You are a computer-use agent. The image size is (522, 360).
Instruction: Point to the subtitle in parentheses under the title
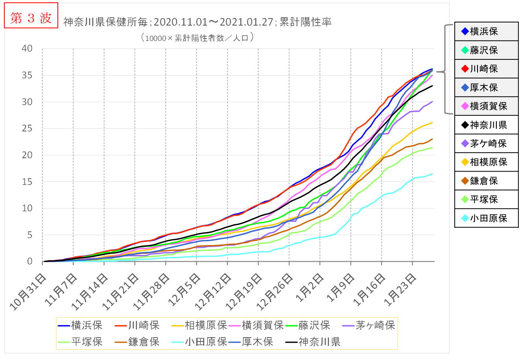(x=197, y=38)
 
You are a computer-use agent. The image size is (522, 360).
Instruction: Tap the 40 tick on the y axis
(x=27, y=49)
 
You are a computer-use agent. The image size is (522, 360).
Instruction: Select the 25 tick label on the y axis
(x=27, y=129)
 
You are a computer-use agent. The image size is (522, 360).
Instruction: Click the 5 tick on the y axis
(x=30, y=235)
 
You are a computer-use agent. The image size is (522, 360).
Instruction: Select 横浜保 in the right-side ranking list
(x=484, y=31)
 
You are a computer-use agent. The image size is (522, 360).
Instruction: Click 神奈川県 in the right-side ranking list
(x=488, y=125)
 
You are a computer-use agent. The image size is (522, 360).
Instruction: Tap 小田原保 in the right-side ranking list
(x=488, y=218)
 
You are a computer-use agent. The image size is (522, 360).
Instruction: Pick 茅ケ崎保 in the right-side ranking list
(x=488, y=144)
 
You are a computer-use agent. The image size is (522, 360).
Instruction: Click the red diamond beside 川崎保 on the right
(x=465, y=69)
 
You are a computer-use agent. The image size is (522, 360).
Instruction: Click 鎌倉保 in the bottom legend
(x=144, y=342)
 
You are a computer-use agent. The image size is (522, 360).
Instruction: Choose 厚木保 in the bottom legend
(x=257, y=342)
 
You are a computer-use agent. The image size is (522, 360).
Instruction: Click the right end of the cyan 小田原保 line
(x=432, y=174)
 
